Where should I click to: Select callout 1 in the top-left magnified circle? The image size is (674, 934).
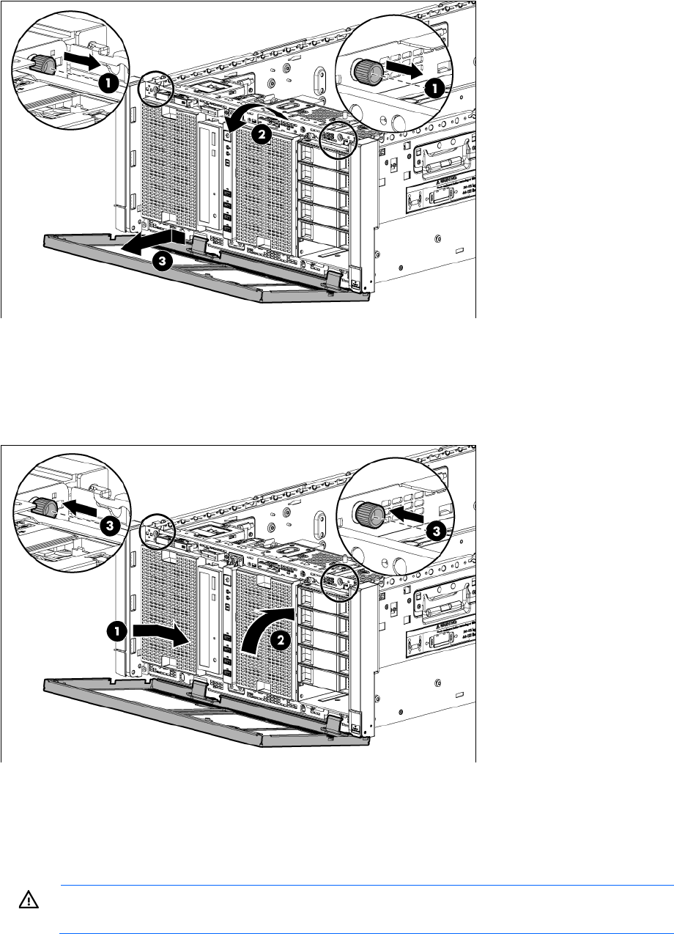(x=108, y=83)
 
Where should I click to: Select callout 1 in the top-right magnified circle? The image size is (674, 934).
(x=434, y=89)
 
